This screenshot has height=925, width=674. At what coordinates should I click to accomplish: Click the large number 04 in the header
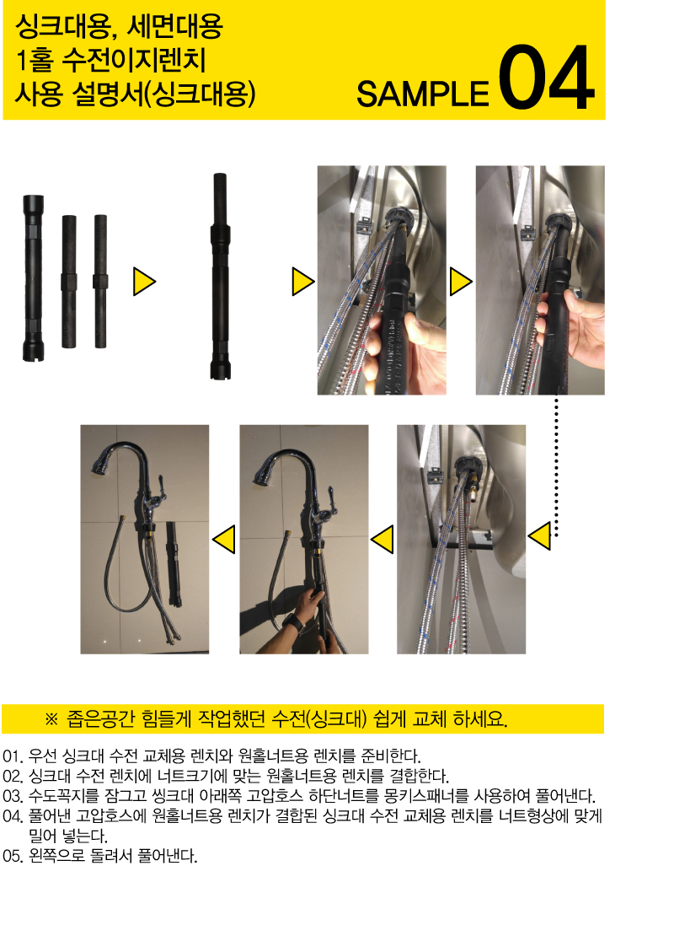[x=546, y=78]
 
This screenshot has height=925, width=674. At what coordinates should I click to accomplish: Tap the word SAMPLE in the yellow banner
[x=423, y=94]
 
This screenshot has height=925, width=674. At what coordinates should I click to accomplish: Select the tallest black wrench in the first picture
[x=33, y=277]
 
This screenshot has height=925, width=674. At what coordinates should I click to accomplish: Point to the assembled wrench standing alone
[x=220, y=276]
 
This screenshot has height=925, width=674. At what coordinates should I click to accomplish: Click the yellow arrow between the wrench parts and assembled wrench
[x=144, y=282]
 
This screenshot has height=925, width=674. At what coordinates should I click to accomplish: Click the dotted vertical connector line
[x=556, y=466]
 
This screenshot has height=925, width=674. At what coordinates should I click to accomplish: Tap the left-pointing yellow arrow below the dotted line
[x=540, y=535]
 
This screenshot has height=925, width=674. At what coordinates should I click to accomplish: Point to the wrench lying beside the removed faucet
[x=174, y=563]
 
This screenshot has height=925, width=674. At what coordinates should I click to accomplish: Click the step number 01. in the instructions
[x=13, y=756]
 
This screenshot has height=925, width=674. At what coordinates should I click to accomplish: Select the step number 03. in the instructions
[x=13, y=796]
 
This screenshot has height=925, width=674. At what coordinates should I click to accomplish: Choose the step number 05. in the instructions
[x=13, y=855]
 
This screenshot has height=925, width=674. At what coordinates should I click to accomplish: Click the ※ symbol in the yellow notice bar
[x=52, y=719]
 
